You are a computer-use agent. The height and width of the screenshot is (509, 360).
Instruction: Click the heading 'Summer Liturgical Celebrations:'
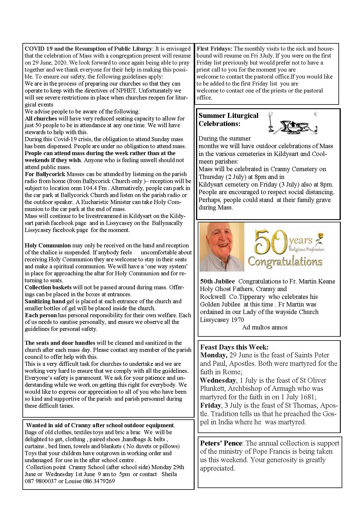(x=228, y=119)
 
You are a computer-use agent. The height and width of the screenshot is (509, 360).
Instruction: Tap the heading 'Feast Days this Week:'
(x=234, y=347)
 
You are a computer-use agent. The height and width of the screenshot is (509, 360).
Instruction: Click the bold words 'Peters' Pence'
(x=221, y=443)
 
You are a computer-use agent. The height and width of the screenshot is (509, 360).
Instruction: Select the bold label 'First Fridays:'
(x=214, y=49)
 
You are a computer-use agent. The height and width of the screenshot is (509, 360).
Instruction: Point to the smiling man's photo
(x=222, y=247)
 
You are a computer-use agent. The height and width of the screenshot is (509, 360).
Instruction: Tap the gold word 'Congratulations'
(x=285, y=261)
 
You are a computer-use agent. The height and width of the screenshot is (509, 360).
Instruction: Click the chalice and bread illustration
(x=293, y=124)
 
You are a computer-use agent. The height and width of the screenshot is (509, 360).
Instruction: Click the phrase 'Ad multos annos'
(x=264, y=327)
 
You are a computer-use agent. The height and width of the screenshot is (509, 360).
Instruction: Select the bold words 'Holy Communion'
(x=47, y=245)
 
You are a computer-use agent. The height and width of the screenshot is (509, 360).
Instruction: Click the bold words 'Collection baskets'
(x=48, y=287)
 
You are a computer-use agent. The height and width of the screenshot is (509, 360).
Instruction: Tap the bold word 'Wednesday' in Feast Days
(x=218, y=380)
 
